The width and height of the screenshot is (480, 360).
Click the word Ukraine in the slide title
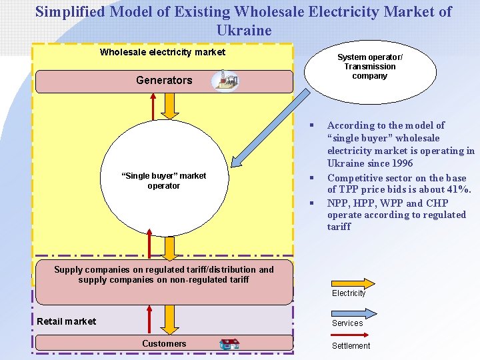(244, 30)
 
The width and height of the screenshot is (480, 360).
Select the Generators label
(164, 81)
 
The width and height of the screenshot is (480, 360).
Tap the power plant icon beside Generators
(224, 81)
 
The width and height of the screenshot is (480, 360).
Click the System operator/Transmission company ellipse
(370, 67)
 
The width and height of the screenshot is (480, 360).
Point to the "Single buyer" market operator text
(163, 181)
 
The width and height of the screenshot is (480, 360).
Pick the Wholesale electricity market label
(163, 52)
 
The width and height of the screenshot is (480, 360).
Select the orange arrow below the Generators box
(170, 105)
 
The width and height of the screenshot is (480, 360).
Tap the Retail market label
(67, 321)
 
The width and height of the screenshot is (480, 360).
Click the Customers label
(164, 343)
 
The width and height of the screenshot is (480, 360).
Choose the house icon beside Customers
(229, 344)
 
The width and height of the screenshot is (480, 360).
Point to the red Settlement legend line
(351, 335)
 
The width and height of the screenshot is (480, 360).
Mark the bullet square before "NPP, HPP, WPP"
(311, 203)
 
